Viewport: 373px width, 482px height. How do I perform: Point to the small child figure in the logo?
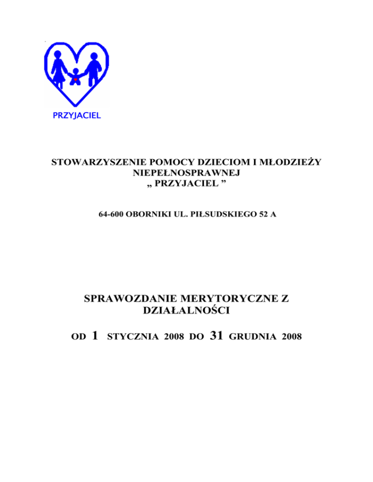click(76, 77)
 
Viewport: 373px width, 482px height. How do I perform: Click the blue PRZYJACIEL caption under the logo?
click(77, 116)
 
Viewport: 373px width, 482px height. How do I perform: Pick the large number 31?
click(216, 334)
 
